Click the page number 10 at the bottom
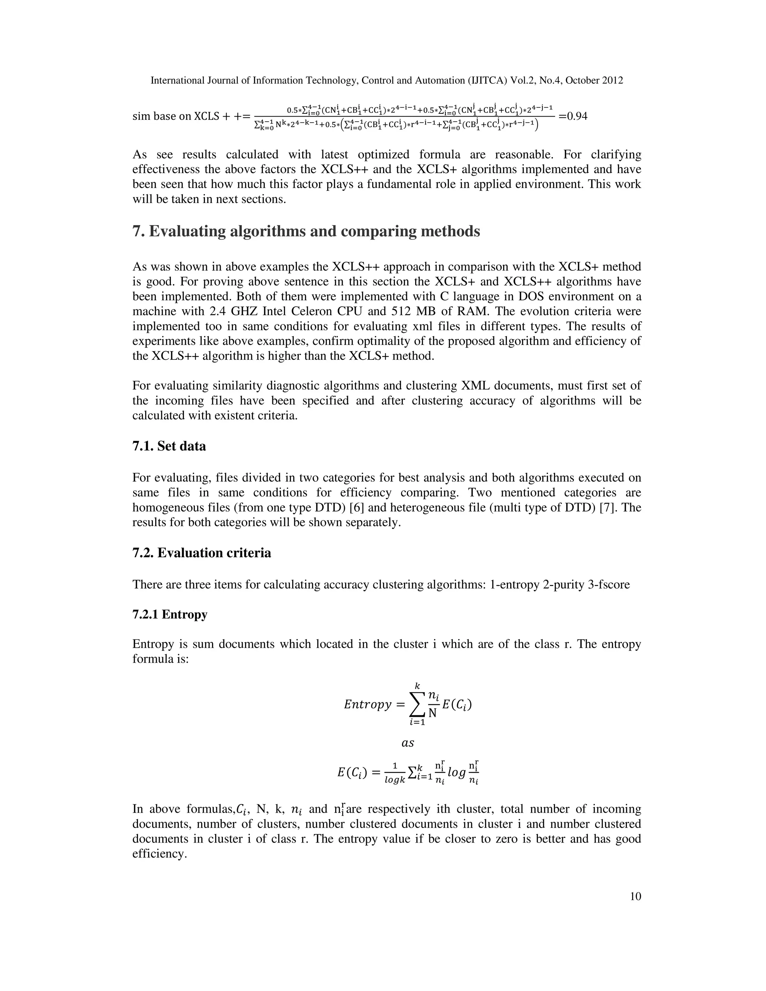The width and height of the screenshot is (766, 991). tap(635, 896)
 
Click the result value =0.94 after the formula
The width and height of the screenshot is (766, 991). tap(573, 116)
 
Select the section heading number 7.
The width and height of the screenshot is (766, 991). tap(138, 231)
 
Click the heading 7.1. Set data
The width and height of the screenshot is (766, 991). tap(169, 446)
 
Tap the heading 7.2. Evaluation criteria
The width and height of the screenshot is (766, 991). tap(202, 553)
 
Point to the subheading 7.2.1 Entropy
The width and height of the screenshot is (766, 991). tap(170, 614)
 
